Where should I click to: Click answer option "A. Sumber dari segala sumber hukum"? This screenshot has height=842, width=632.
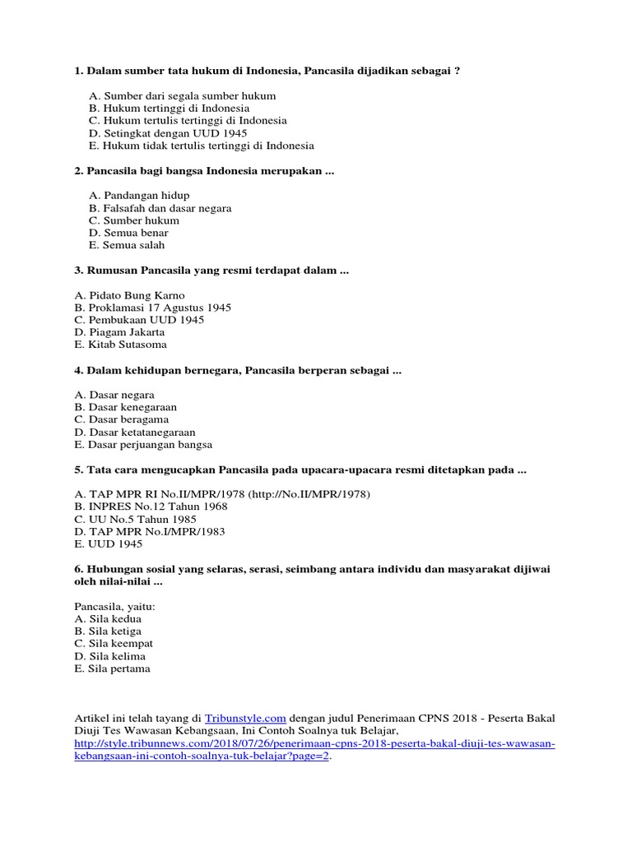pos(183,96)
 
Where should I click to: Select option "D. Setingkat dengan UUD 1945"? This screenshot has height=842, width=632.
pos(168,133)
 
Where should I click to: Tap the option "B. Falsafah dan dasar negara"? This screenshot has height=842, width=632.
pos(160,208)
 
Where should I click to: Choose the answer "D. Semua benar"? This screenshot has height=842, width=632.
pos(129,233)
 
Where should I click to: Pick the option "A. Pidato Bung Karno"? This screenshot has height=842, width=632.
pos(129,295)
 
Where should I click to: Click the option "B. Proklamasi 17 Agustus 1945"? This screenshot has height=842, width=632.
pos(152,308)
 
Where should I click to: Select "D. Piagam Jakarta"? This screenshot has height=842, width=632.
pos(119,332)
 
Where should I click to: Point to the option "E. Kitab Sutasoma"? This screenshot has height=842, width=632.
pos(120,345)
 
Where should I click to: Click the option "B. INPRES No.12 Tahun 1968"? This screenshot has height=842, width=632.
pos(151,507)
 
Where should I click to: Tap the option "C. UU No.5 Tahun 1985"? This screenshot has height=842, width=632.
pos(135,519)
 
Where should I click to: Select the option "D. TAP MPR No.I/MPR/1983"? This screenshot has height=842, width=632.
pos(149,531)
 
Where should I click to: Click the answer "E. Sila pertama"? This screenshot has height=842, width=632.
pos(112,669)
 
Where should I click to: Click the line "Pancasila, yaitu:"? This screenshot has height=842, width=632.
pos(114,606)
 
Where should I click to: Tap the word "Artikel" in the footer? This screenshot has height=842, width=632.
pos(91,718)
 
